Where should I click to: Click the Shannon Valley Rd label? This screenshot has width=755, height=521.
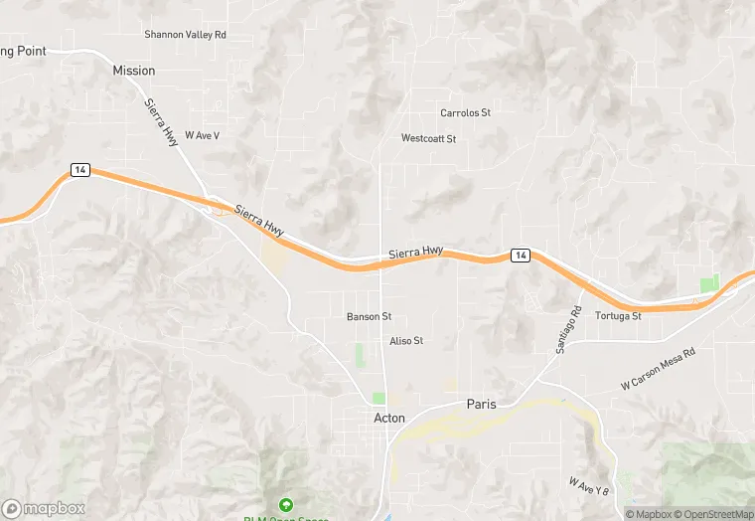[186, 34]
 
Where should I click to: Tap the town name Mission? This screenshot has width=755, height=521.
[134, 71]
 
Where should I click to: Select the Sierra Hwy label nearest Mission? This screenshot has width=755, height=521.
[161, 123]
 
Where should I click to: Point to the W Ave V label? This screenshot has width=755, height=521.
[201, 135]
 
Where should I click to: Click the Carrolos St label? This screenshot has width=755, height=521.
[465, 113]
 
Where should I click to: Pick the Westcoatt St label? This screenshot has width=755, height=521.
[428, 138]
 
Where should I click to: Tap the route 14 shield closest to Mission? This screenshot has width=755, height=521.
[80, 170]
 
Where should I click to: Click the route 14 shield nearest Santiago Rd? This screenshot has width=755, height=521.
[520, 256]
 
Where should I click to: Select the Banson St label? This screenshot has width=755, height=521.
[369, 317]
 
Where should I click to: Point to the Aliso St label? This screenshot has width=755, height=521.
[406, 341]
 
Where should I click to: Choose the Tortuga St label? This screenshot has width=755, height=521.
[618, 316]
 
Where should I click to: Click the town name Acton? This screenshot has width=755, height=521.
[389, 419]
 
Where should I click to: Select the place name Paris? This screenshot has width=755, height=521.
[481, 405]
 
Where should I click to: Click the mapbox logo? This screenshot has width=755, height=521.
[44, 508]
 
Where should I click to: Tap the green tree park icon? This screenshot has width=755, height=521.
[286, 504]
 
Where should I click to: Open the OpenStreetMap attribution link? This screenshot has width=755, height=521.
[713, 514]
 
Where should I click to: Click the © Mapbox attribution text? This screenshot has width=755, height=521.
[650, 514]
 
